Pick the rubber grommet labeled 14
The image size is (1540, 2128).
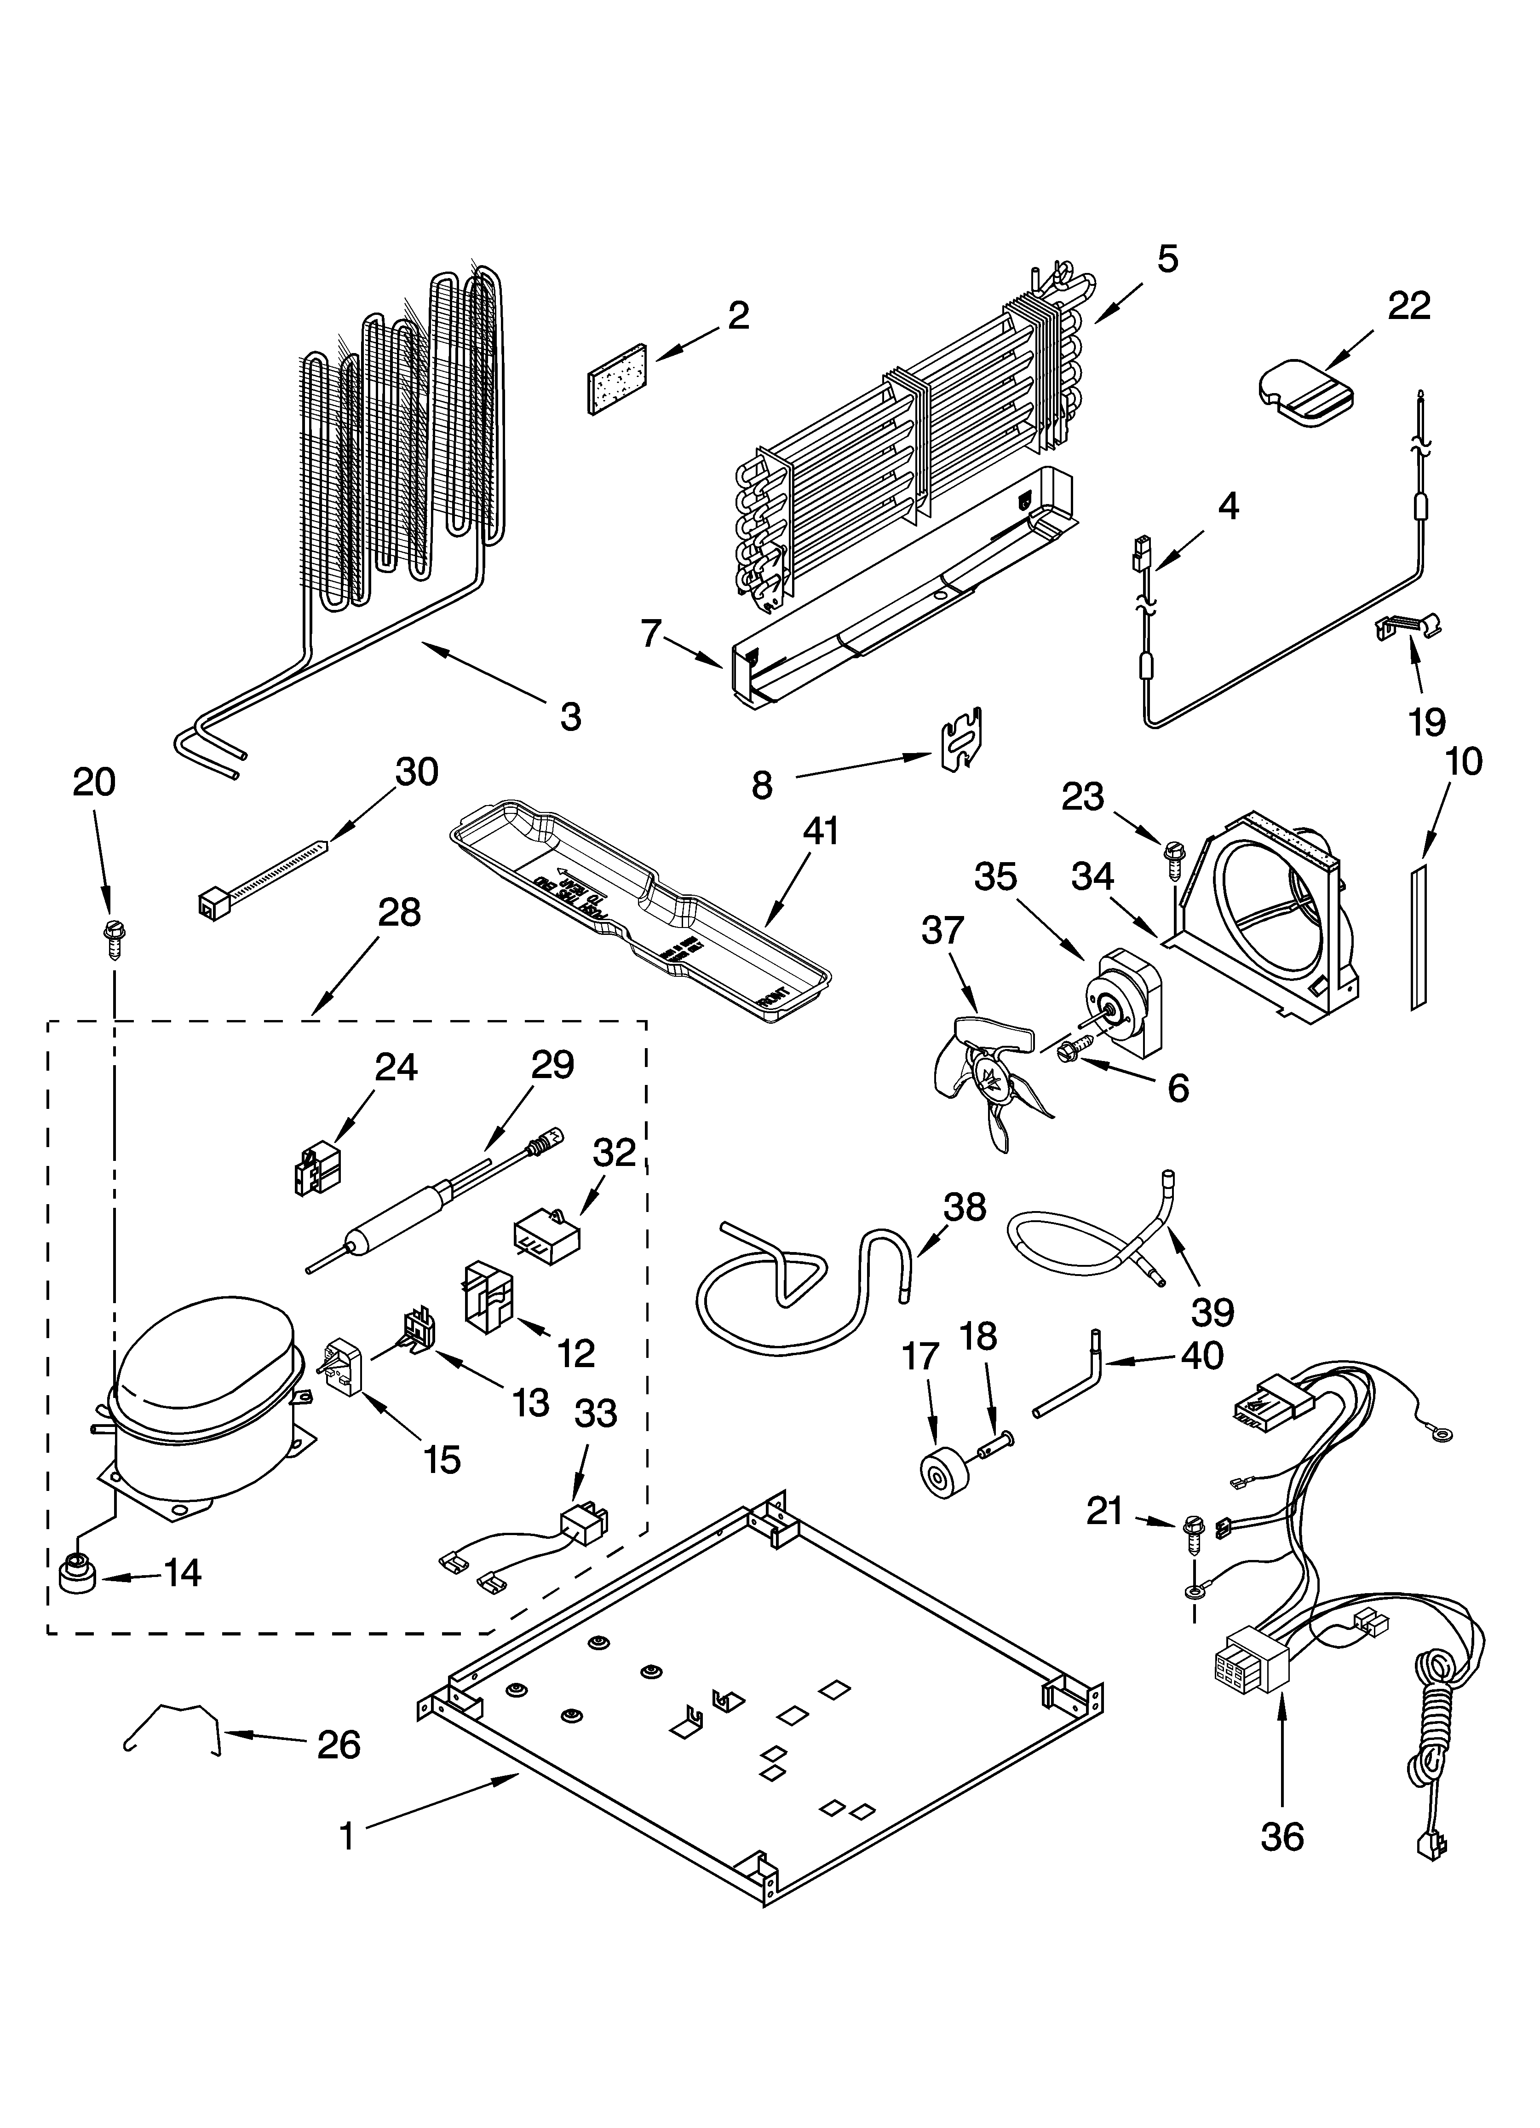click(x=77, y=1575)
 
